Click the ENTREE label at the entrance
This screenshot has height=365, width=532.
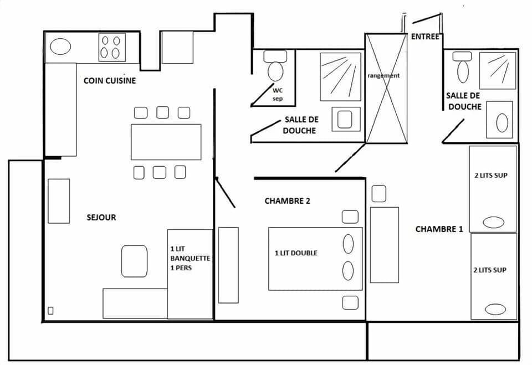[x=425, y=37]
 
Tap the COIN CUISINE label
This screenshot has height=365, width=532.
[x=110, y=81]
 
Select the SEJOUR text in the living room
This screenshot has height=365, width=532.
[x=101, y=218]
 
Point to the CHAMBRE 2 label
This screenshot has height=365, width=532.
[x=287, y=201]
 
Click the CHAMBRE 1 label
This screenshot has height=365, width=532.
[x=439, y=229]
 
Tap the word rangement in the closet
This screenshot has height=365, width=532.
[x=383, y=75]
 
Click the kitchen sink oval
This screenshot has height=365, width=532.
[x=60, y=47]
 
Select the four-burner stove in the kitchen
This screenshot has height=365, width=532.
[x=111, y=47]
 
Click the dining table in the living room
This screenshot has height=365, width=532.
[x=166, y=142]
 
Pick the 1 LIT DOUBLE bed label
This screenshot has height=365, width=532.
[x=296, y=253]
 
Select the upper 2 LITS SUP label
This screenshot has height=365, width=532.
[x=490, y=176]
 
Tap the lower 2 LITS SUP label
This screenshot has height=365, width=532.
[x=490, y=270]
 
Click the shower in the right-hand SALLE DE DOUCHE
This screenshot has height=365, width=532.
[x=498, y=70]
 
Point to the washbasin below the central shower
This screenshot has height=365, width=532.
[x=346, y=119]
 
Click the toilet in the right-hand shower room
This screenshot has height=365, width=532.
[x=463, y=69]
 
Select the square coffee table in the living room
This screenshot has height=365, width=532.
[x=134, y=261]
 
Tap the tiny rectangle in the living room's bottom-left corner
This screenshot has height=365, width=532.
[x=50, y=311]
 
